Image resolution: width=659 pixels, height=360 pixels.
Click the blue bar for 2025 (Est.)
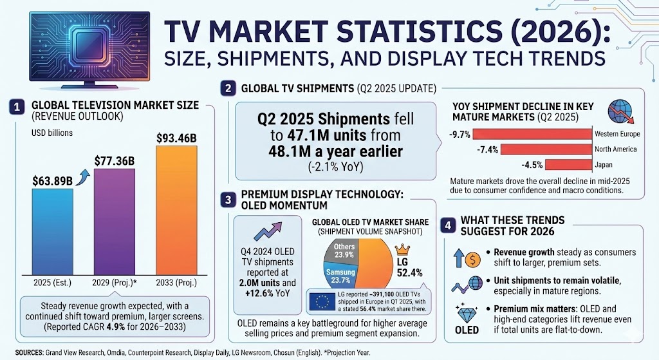click(52, 232)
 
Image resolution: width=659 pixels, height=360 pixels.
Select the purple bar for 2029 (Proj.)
click(114, 222)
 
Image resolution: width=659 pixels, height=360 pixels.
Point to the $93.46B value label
click(176, 137)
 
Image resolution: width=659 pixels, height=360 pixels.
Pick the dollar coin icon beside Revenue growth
click(472, 260)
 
